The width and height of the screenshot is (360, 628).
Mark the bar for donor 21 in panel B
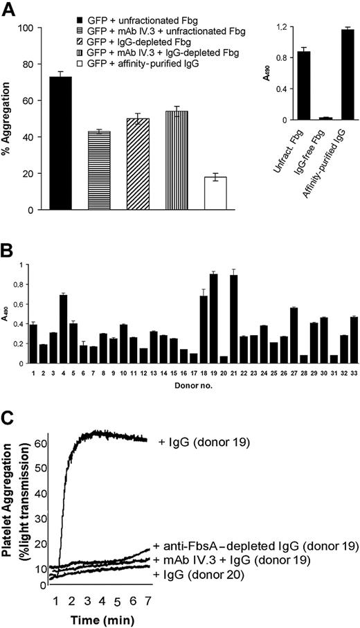(234, 319)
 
